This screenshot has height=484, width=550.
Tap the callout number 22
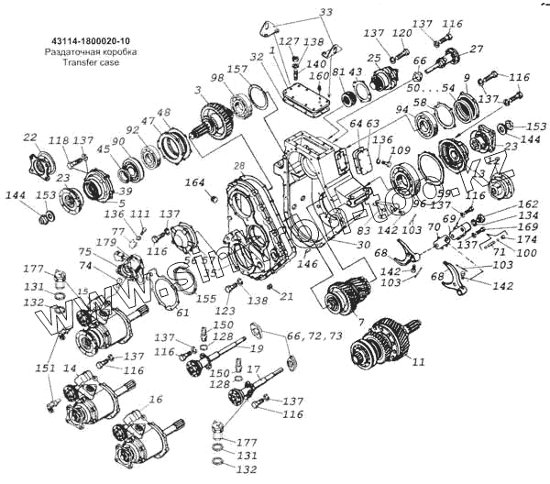[x=29, y=137]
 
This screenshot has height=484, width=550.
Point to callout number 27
[x=477, y=49]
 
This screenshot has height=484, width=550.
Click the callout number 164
[x=194, y=183]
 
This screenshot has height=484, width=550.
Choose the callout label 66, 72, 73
[x=314, y=336]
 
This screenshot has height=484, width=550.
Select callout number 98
[x=217, y=80]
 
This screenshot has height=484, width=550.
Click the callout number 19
[x=259, y=349]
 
